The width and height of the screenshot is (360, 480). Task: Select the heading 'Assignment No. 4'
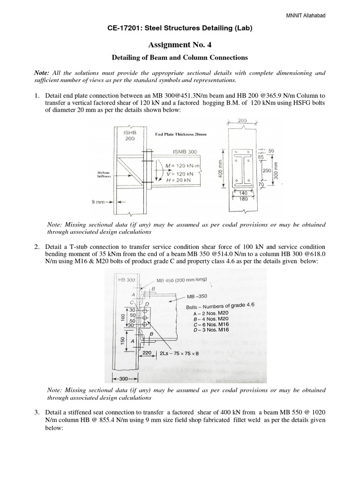click(180, 45)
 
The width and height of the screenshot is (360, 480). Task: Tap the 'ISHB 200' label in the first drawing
click(129, 136)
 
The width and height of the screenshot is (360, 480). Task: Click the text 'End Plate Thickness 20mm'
click(182, 135)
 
